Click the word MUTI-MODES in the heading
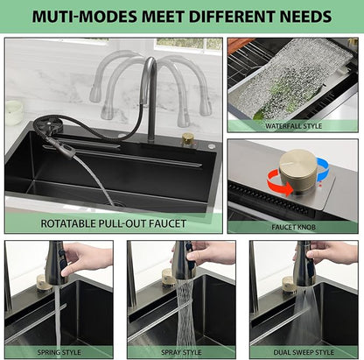pyautogui.click(x=84, y=16)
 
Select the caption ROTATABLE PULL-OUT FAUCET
pyautogui.click(x=114, y=223)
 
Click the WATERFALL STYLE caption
pyautogui.click(x=294, y=126)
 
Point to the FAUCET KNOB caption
pyautogui.click(x=293, y=227)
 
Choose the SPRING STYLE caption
pyautogui.click(x=59, y=352)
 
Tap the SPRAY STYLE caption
pyautogui.click(x=181, y=352)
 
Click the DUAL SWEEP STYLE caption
pyautogui.click(x=304, y=352)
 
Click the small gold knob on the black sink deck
pyautogui.click(x=188, y=139)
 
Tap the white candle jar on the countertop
pyautogui.click(x=14, y=112)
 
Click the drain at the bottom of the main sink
pyautogui.click(x=119, y=203)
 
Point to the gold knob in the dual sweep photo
pyautogui.click(x=289, y=285)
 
